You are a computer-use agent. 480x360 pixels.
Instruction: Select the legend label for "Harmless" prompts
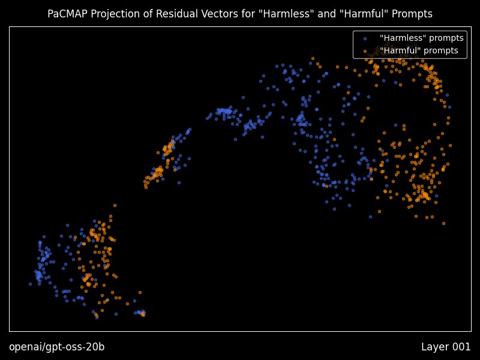[x=422, y=38]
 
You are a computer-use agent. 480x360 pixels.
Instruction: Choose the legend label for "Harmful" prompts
[x=419, y=50]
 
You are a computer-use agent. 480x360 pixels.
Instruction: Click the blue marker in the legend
[x=365, y=38]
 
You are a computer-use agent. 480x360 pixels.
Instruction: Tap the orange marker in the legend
[x=365, y=51]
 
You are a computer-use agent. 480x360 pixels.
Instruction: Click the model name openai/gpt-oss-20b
[x=56, y=347]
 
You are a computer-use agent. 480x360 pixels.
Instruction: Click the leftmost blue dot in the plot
[x=31, y=284]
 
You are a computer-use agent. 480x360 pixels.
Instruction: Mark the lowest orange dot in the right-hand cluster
[x=443, y=223]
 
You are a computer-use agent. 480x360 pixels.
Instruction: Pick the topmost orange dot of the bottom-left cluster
[x=115, y=205]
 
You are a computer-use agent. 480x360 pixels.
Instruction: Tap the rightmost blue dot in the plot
[x=449, y=107]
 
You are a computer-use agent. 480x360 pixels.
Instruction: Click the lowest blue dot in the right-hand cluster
[x=370, y=217]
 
